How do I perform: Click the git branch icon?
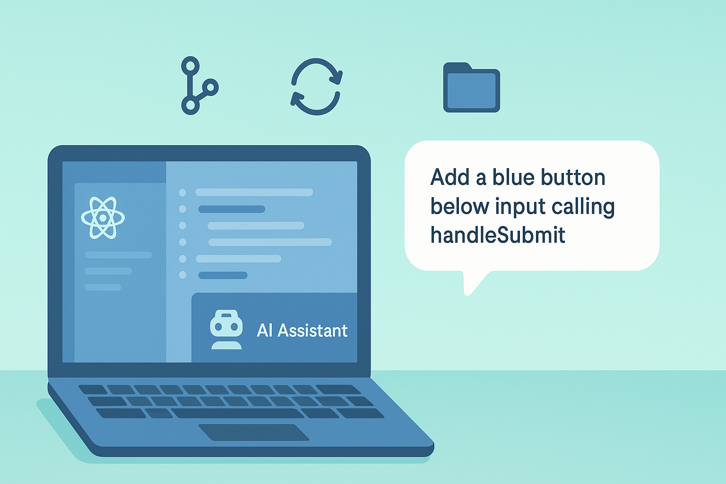point(197,86)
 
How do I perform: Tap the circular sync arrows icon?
point(316,86)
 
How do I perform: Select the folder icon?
point(471,88)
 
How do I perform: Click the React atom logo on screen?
point(103,217)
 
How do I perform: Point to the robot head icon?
point(226,329)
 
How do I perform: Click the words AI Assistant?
point(302,330)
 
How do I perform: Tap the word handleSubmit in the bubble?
point(498,235)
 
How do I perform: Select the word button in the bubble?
point(573,178)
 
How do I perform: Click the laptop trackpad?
point(253,432)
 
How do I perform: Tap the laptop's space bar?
point(237,413)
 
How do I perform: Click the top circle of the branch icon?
point(190,65)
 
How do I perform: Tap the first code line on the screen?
point(254,192)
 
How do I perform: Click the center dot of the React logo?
point(103,218)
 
